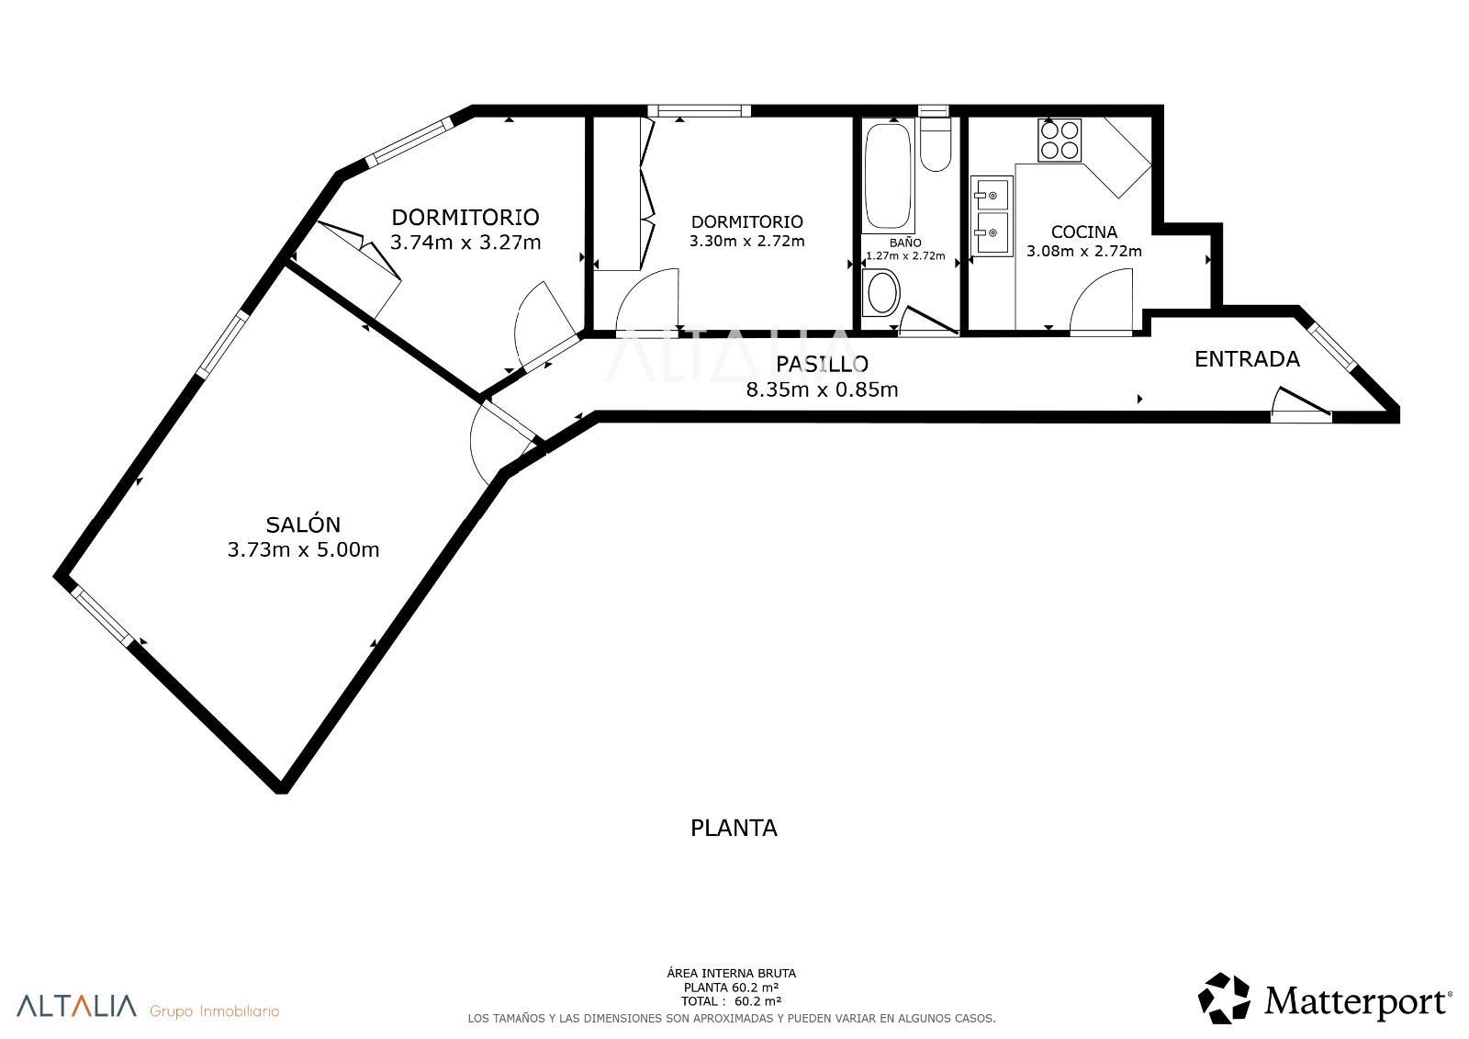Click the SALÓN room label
click(303, 524)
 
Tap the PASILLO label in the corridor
click(822, 364)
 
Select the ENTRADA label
click(1247, 359)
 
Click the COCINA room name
click(1084, 232)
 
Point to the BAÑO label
click(905, 243)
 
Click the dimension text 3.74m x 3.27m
click(465, 243)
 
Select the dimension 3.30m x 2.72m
click(746, 241)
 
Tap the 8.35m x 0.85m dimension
click(822, 390)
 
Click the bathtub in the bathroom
click(888, 175)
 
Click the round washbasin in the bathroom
click(882, 293)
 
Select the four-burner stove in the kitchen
click(1060, 141)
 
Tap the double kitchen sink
click(992, 216)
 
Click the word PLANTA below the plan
click(734, 829)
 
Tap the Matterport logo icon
click(1225, 998)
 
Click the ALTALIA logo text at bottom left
click(77, 1006)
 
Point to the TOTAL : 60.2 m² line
click(731, 1001)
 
